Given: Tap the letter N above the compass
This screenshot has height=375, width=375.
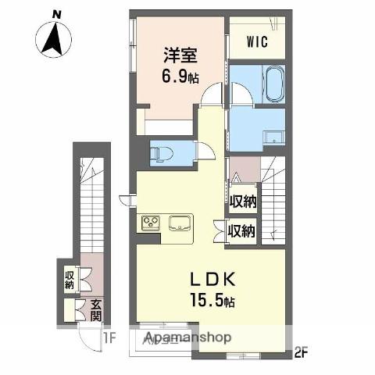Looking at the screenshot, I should pos(55,13).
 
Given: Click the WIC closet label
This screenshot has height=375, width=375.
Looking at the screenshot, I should pos(258,42).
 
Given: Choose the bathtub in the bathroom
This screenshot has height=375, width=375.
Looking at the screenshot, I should pos(274,84).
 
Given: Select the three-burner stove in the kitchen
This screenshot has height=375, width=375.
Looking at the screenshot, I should pos(151,223).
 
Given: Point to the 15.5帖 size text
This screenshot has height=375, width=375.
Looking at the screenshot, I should pos(209,301).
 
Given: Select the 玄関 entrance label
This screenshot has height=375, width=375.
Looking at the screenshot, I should pos(95,310).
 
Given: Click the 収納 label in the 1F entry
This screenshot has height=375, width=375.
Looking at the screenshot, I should pos(70,280).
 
